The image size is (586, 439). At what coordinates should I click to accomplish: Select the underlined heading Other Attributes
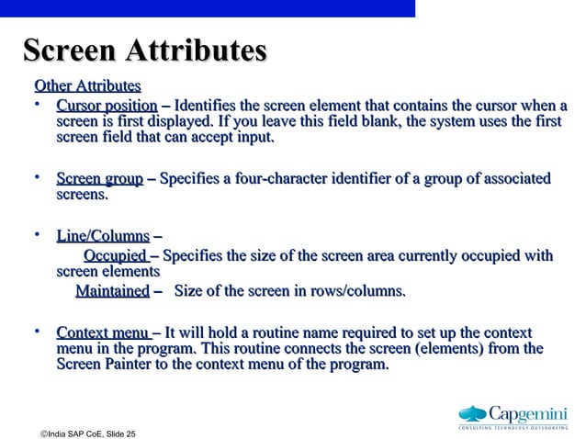(87, 86)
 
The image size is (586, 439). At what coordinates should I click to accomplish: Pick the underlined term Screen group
(99, 178)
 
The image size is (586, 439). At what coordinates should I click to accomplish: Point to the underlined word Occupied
(115, 256)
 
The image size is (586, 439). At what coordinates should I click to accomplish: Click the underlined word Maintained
(111, 291)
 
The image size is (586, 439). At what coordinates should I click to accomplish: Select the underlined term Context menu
(103, 332)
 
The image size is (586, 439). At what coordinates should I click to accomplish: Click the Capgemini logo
(513, 415)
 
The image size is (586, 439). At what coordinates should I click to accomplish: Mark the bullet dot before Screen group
(38, 176)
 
